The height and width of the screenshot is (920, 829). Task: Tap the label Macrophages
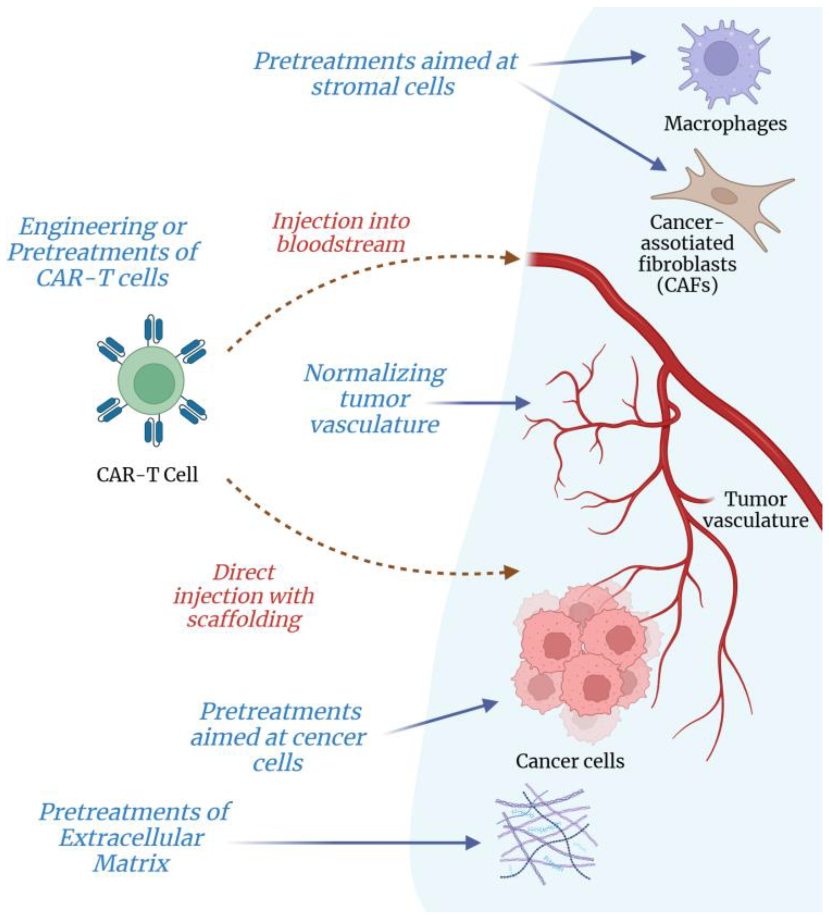point(725,124)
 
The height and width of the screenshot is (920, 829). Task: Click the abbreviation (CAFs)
point(687,285)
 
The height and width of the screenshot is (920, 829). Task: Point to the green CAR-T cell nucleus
point(154,384)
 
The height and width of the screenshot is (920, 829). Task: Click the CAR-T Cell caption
point(147,474)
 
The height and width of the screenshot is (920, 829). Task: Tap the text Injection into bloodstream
point(341,233)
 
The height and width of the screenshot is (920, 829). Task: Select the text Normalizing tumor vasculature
point(375,399)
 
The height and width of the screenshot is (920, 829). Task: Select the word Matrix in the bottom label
point(131,863)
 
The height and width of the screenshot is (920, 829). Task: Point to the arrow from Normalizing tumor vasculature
point(478,403)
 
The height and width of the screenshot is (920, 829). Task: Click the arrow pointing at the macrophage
point(587,60)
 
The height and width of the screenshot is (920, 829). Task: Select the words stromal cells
point(382,86)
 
